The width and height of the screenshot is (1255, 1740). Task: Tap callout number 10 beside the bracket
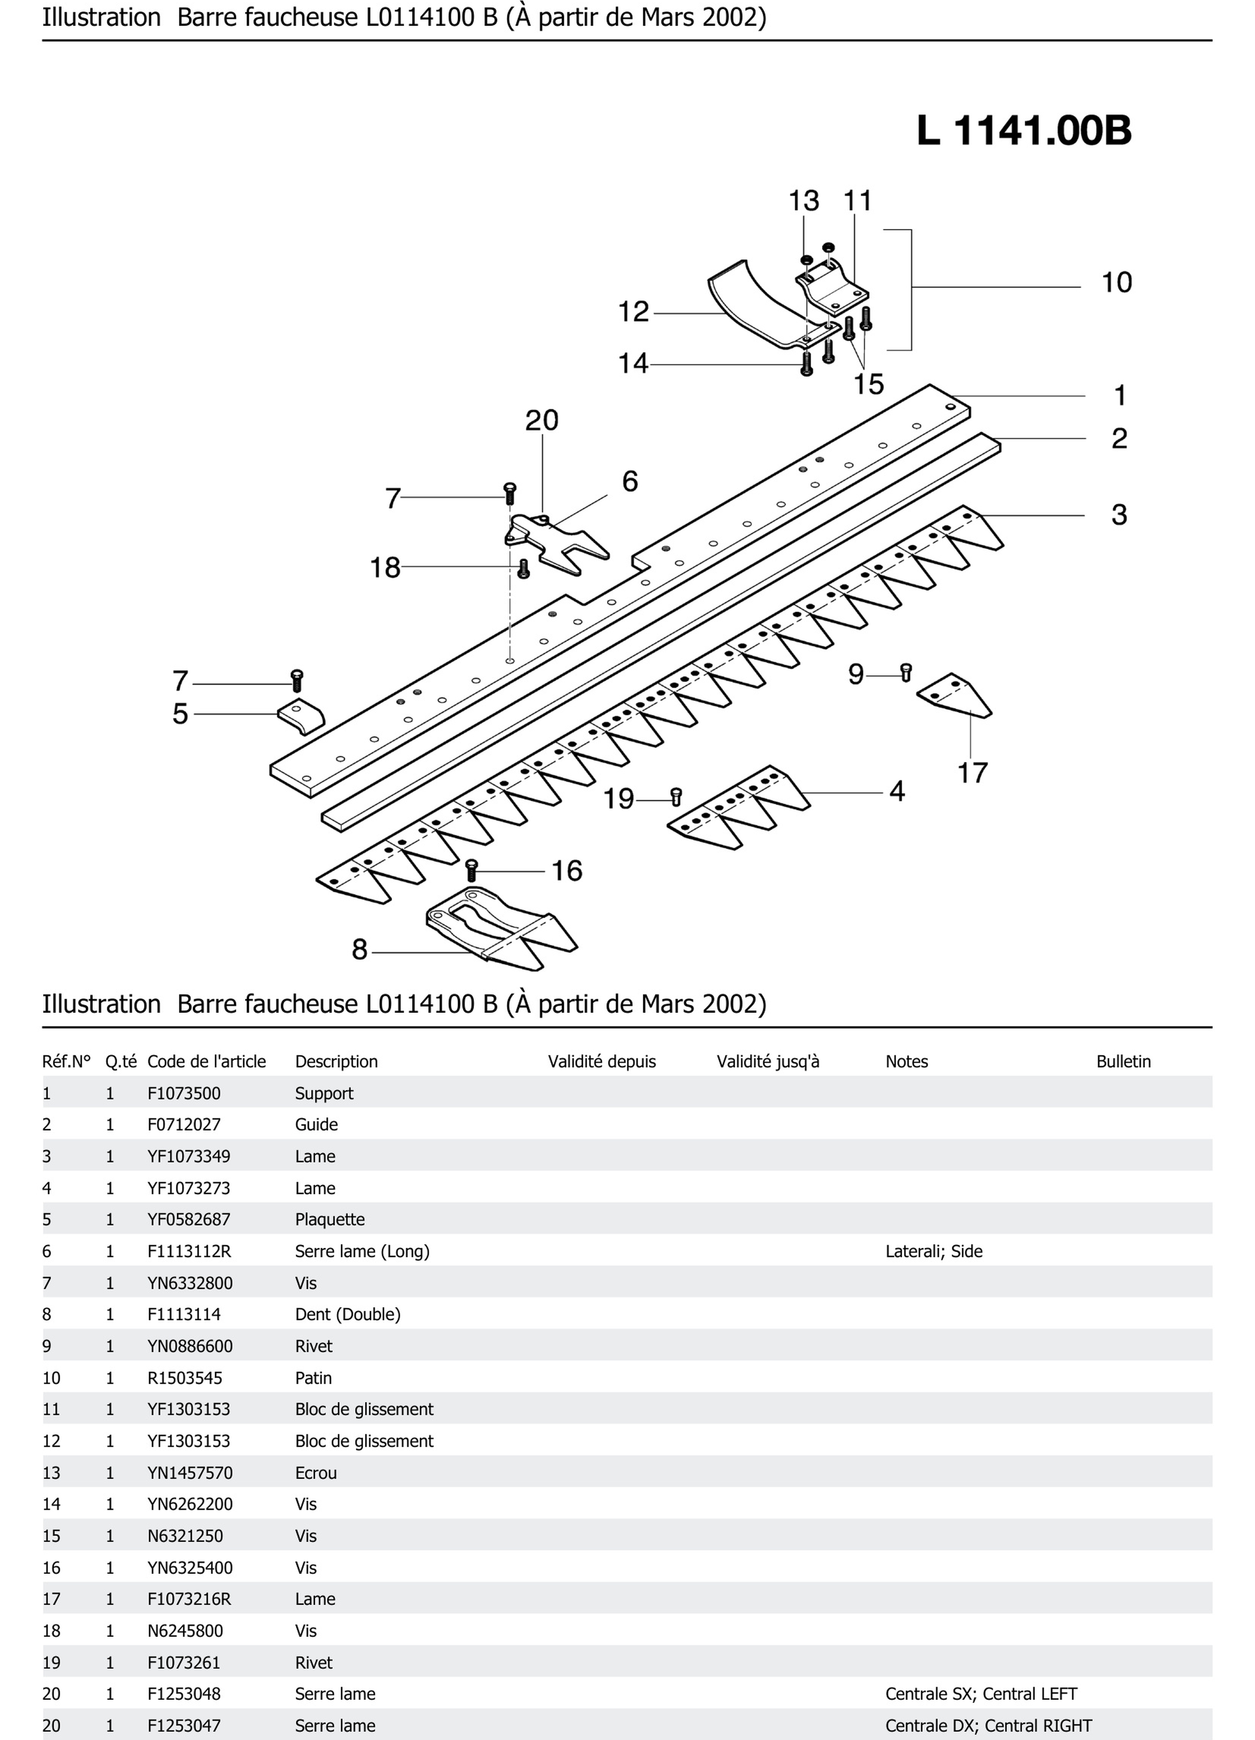click(x=1116, y=282)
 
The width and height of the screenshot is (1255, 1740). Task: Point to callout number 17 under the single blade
click(x=972, y=772)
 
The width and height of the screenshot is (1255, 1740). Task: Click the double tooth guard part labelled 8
click(x=499, y=928)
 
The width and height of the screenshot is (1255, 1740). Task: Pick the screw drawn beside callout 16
click(x=472, y=870)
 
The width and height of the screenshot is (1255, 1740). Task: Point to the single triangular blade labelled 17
click(x=955, y=694)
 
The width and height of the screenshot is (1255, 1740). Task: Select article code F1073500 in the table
click(x=184, y=1093)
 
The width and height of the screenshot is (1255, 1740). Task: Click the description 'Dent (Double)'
click(x=347, y=1314)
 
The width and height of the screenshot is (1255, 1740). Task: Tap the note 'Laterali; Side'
click(x=933, y=1251)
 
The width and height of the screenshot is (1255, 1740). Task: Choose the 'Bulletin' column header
click(x=1123, y=1062)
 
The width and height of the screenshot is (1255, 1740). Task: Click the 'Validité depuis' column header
click(x=601, y=1062)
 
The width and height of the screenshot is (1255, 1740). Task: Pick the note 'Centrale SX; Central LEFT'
click(x=981, y=1694)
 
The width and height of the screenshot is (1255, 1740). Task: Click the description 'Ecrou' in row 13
click(x=316, y=1473)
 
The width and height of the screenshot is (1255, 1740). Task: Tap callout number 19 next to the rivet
click(x=618, y=799)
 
